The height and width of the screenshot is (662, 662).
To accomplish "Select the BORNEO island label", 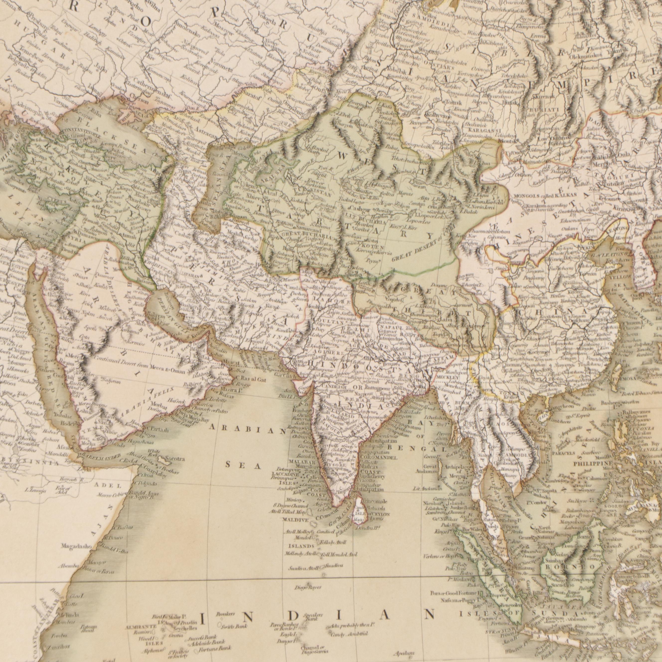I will (x=568, y=577).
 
